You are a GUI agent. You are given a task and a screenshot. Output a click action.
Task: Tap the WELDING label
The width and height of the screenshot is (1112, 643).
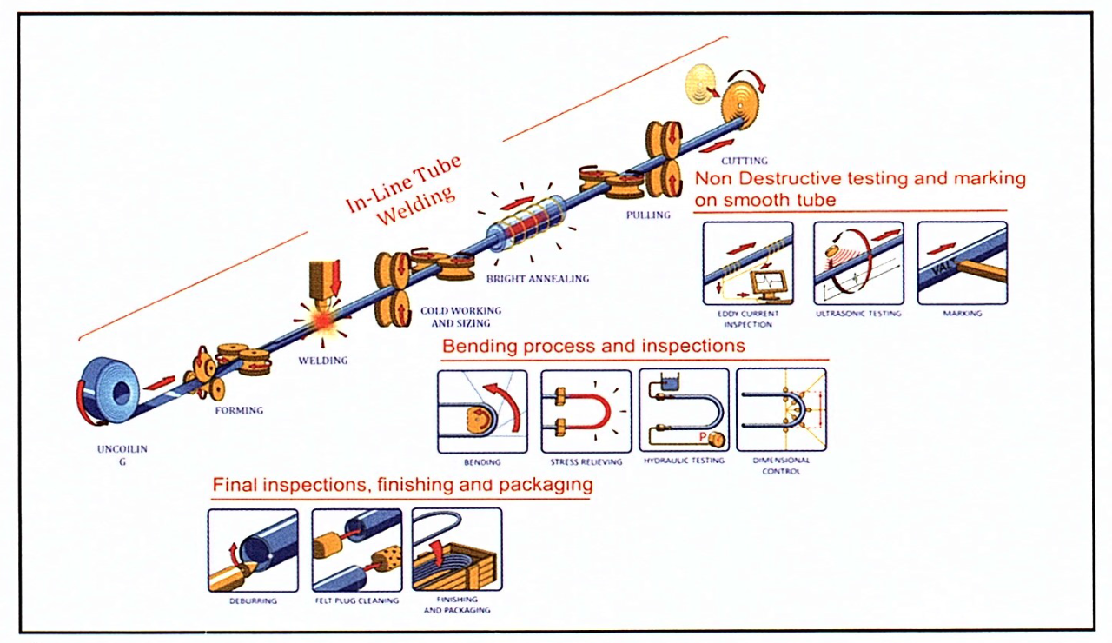[x=322, y=361]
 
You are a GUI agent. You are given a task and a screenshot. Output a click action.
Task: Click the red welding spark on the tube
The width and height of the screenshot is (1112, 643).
[x=324, y=321]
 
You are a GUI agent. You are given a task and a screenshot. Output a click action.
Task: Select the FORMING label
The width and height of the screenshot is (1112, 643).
[x=239, y=410]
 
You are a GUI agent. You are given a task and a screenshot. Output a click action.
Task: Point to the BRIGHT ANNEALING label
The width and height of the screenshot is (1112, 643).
[x=537, y=279]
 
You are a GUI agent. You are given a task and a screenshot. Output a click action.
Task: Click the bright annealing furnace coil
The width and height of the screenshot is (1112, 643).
[x=527, y=224]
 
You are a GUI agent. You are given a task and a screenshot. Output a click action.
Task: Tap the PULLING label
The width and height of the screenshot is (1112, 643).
[x=648, y=215]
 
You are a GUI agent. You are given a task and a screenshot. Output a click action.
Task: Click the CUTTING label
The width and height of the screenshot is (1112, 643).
[x=744, y=161]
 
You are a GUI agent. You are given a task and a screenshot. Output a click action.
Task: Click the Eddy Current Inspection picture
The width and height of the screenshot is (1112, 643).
[x=748, y=262]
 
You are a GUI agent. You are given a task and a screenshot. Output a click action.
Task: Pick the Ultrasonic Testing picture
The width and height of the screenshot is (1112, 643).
[x=858, y=262]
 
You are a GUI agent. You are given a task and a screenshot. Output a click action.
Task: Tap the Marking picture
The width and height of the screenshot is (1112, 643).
[x=962, y=262]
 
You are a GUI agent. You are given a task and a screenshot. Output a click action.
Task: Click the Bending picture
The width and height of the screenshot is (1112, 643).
[x=482, y=410]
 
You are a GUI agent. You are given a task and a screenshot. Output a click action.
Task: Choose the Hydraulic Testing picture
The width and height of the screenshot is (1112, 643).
[x=684, y=410]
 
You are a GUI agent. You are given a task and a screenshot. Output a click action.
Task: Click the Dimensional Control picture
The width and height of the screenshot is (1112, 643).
[x=781, y=410]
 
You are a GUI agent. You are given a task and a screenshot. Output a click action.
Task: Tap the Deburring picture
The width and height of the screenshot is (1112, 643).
[x=253, y=550]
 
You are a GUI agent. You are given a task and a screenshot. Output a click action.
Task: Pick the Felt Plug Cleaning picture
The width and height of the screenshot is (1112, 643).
[x=356, y=550]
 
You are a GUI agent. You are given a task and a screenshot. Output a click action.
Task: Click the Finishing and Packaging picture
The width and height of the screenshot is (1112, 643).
[x=457, y=550]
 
